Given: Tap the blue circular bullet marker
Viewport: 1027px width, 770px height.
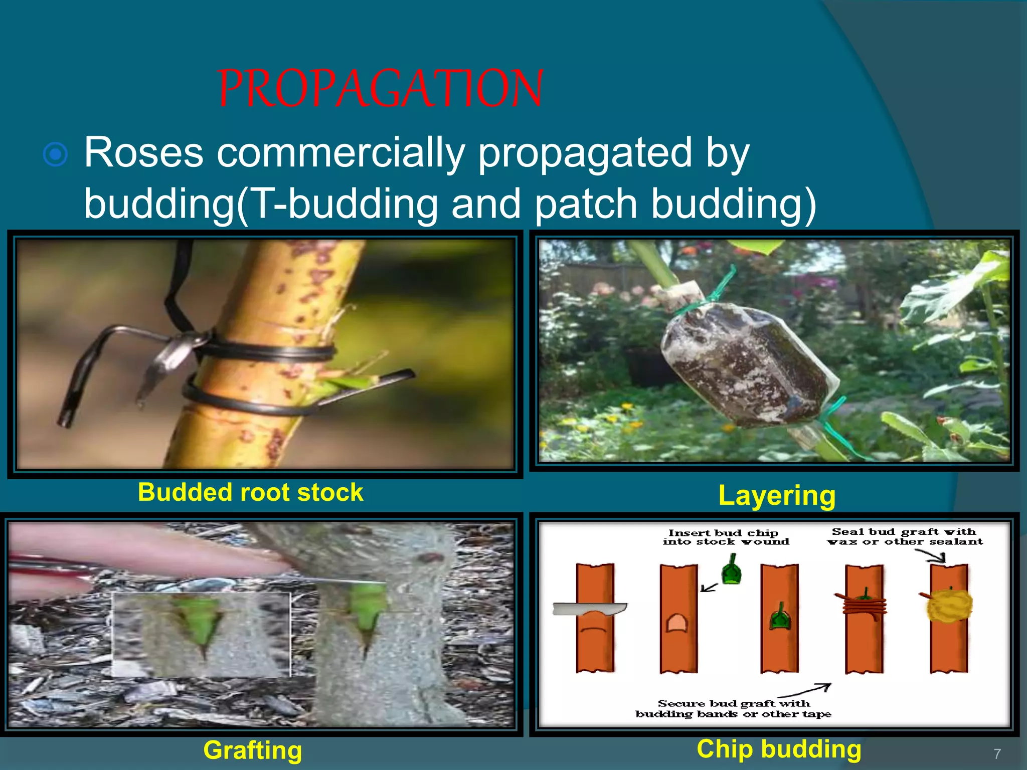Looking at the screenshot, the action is click(x=55, y=154).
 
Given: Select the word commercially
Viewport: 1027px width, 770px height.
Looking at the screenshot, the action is click(x=340, y=154).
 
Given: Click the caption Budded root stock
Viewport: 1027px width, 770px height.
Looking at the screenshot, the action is click(x=250, y=492).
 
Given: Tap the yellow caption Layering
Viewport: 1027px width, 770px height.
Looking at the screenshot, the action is click(x=777, y=496).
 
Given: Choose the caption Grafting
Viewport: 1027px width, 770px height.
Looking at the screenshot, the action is click(x=253, y=751).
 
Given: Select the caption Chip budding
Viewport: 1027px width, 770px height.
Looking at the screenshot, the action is click(x=779, y=749).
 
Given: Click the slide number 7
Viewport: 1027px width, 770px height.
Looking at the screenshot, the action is click(x=997, y=753).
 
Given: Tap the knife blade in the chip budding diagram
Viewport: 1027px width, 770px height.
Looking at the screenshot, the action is click(x=589, y=609).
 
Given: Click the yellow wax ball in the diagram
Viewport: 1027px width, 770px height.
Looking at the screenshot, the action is click(x=949, y=605).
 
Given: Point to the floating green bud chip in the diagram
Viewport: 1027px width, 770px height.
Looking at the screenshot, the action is click(x=732, y=569).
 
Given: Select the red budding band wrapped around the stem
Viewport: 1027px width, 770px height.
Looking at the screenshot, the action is click(x=864, y=606).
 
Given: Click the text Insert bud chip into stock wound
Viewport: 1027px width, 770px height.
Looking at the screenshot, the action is click(x=726, y=537).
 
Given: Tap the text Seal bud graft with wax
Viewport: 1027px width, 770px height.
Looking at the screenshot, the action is click(x=905, y=536).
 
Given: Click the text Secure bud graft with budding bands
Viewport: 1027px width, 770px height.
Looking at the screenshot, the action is click(x=733, y=709).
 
